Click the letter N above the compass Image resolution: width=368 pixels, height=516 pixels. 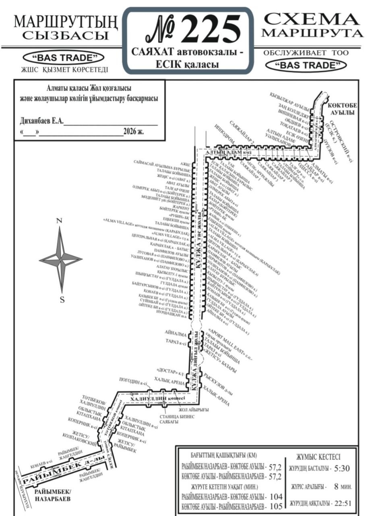pos(59,221)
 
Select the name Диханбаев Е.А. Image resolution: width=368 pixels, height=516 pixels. pos(41,122)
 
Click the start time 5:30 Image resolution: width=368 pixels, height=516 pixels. pos(342,469)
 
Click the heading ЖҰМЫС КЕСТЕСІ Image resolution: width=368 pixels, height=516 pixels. pos(318,457)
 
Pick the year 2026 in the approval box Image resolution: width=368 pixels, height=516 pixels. pos(131,131)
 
